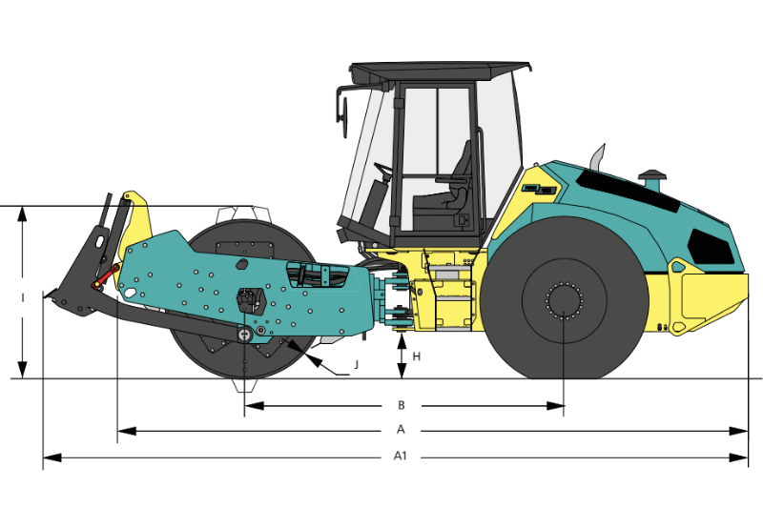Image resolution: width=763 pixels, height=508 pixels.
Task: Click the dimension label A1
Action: pos(401,457)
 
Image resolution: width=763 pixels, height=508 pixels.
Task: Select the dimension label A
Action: pos(401,431)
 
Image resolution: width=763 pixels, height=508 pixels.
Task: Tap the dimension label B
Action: pos(401,405)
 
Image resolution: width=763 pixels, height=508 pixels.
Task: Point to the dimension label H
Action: pos(417,356)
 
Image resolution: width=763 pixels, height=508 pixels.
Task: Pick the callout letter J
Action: pos(355,364)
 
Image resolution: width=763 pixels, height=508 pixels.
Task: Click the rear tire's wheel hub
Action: pos(564,301)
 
